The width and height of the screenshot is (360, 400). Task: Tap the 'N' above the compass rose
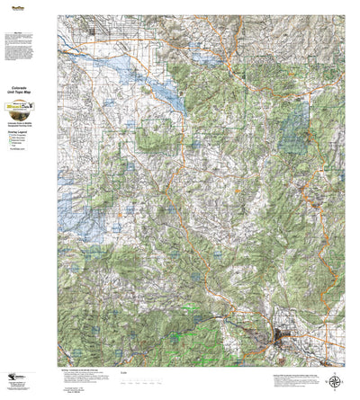click(335, 370)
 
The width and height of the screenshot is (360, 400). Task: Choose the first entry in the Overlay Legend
click(25, 134)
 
